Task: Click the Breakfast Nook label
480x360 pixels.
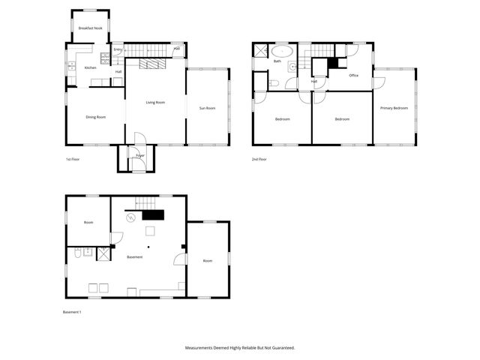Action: [90, 28]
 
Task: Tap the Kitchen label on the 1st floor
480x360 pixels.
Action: [90, 67]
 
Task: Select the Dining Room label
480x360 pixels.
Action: [95, 117]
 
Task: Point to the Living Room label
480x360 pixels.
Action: [155, 102]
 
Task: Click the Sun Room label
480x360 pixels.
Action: [207, 109]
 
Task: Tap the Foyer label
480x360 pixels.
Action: [140, 156]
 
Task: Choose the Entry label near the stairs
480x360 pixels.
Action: [118, 49]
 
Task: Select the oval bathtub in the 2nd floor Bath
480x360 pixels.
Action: [283, 51]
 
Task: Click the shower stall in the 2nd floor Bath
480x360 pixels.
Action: [259, 51]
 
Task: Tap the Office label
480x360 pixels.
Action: [353, 75]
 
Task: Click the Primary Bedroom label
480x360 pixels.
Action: [394, 108]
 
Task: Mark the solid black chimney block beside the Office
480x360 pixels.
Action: [332, 63]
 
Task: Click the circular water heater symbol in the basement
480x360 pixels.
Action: [131, 217]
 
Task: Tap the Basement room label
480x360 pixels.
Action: [134, 257]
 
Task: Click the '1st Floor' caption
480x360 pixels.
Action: [73, 160]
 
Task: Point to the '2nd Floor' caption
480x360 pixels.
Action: [259, 160]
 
